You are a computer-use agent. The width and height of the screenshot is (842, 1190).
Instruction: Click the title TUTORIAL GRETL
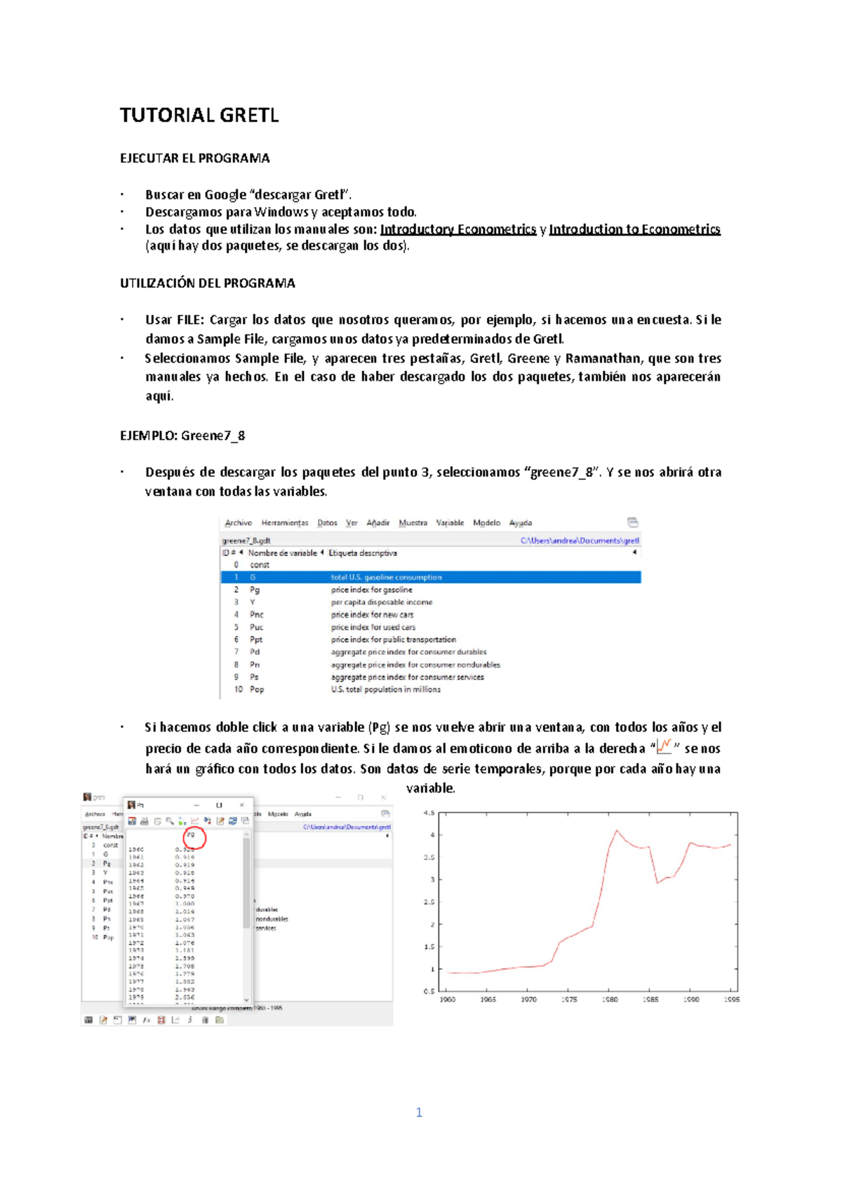(199, 116)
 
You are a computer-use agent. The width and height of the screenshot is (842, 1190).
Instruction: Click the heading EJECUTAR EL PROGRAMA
(194, 158)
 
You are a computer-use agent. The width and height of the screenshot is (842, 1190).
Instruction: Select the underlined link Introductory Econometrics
(457, 229)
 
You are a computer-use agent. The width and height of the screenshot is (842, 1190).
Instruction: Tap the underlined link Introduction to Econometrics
(634, 229)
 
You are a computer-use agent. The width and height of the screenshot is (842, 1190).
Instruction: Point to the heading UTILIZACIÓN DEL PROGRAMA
(207, 283)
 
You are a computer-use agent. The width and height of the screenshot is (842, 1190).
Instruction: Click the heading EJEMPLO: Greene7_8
(182, 435)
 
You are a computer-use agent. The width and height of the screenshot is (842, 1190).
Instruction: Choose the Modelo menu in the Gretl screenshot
(486, 523)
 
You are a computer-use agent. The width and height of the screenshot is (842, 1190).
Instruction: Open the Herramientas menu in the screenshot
(284, 523)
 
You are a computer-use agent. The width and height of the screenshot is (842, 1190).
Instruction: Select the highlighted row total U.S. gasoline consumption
(386, 578)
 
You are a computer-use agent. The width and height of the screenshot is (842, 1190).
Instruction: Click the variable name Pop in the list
(257, 690)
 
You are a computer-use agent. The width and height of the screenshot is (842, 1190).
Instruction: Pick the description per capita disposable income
(382, 602)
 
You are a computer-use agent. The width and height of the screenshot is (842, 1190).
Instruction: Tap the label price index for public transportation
(393, 640)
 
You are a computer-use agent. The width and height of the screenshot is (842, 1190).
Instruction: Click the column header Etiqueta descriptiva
(363, 553)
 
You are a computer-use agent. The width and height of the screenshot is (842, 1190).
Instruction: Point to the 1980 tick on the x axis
(610, 999)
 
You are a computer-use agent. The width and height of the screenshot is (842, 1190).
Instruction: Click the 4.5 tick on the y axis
(429, 813)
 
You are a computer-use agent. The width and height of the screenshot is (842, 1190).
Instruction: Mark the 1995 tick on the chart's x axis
(731, 999)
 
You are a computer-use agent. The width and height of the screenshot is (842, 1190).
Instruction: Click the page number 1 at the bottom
(419, 1113)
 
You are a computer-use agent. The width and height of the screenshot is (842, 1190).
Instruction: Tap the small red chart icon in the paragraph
(664, 746)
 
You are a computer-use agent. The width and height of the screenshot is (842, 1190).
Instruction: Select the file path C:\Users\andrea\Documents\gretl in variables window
(580, 541)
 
